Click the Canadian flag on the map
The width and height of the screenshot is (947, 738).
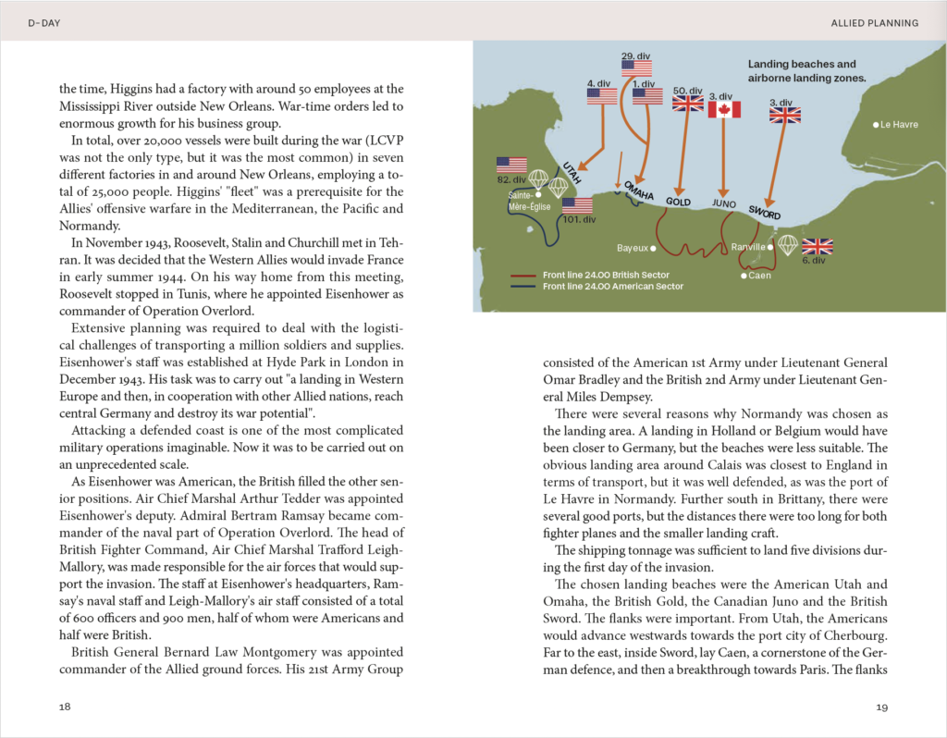pos(725,110)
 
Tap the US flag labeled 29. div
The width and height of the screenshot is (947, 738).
pos(636,68)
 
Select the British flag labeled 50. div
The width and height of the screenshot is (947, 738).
pos(687,104)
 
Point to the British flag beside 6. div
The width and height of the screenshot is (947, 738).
pos(817,246)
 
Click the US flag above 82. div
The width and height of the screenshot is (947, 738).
pos(511,165)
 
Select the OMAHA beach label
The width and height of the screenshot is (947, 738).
pos(640,190)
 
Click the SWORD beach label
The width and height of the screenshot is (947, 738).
pos(765,211)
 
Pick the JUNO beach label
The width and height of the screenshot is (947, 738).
pos(724,203)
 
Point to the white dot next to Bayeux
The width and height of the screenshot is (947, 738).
pos(653,248)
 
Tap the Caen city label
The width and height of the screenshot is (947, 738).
pos(759,276)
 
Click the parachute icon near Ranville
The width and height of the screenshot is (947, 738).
pos(787,244)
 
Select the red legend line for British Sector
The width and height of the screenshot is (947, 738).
pos(525,275)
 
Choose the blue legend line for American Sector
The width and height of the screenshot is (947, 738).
pos(525,287)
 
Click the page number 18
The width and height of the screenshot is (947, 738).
pos(64,707)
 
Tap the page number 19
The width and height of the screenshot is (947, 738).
pos(881,707)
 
